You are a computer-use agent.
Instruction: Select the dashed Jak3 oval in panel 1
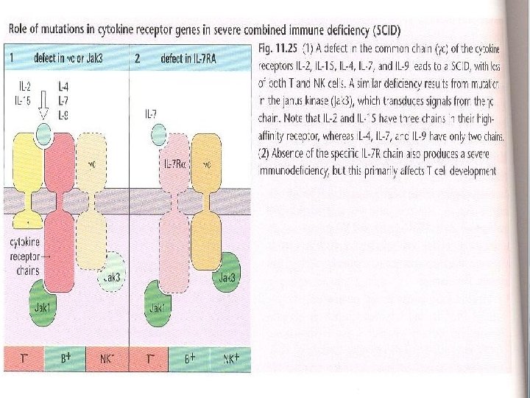point(113,275)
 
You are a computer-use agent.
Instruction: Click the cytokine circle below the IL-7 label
point(158,135)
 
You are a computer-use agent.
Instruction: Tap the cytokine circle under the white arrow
point(43,135)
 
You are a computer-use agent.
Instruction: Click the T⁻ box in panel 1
point(24,359)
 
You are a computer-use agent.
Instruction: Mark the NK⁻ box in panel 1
point(107,359)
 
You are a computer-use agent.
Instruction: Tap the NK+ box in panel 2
point(231,359)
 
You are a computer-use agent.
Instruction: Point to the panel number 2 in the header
point(138,57)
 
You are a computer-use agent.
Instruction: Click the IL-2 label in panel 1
point(24,86)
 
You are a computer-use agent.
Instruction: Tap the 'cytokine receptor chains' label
point(26,254)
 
